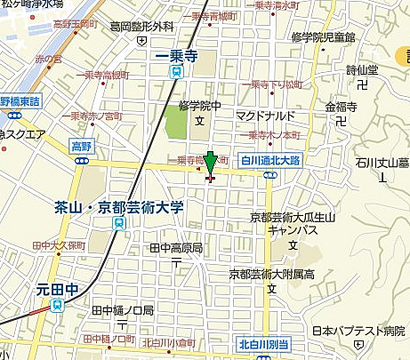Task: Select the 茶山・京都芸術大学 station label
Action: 118,207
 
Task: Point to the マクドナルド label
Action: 265,116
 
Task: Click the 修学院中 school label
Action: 200,104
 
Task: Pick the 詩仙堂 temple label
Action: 362,70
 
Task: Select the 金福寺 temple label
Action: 341,107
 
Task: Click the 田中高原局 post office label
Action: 176,247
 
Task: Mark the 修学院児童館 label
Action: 323,37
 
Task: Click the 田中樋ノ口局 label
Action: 123,311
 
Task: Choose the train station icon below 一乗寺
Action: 176,71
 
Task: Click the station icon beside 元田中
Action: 58,305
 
